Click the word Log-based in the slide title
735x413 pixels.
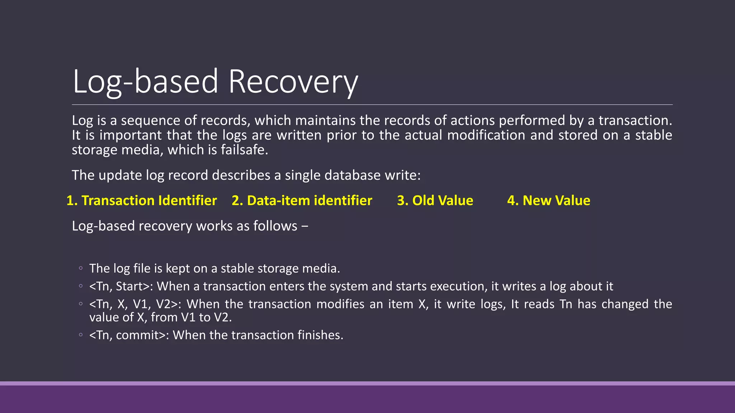tap(145, 82)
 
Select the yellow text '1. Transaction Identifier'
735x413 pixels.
tap(142, 200)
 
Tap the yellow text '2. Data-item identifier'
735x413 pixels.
tap(302, 200)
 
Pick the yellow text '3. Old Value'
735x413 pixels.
tap(435, 200)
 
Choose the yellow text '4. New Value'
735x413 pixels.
tap(548, 200)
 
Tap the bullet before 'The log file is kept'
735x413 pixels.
tap(81, 268)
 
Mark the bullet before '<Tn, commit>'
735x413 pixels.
tap(81, 335)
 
